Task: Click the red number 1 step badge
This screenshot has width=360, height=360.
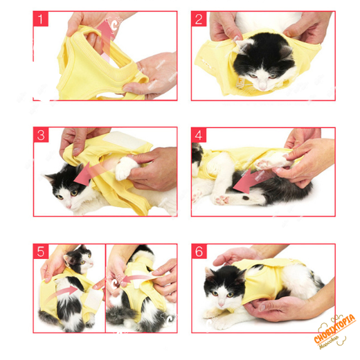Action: pos(42,19)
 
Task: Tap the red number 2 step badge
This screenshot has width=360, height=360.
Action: pos(200,19)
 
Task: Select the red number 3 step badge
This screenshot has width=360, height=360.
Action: pos(42,136)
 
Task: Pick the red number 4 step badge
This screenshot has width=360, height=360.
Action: pos(200,136)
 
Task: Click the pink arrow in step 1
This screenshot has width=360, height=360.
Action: pos(105,31)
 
